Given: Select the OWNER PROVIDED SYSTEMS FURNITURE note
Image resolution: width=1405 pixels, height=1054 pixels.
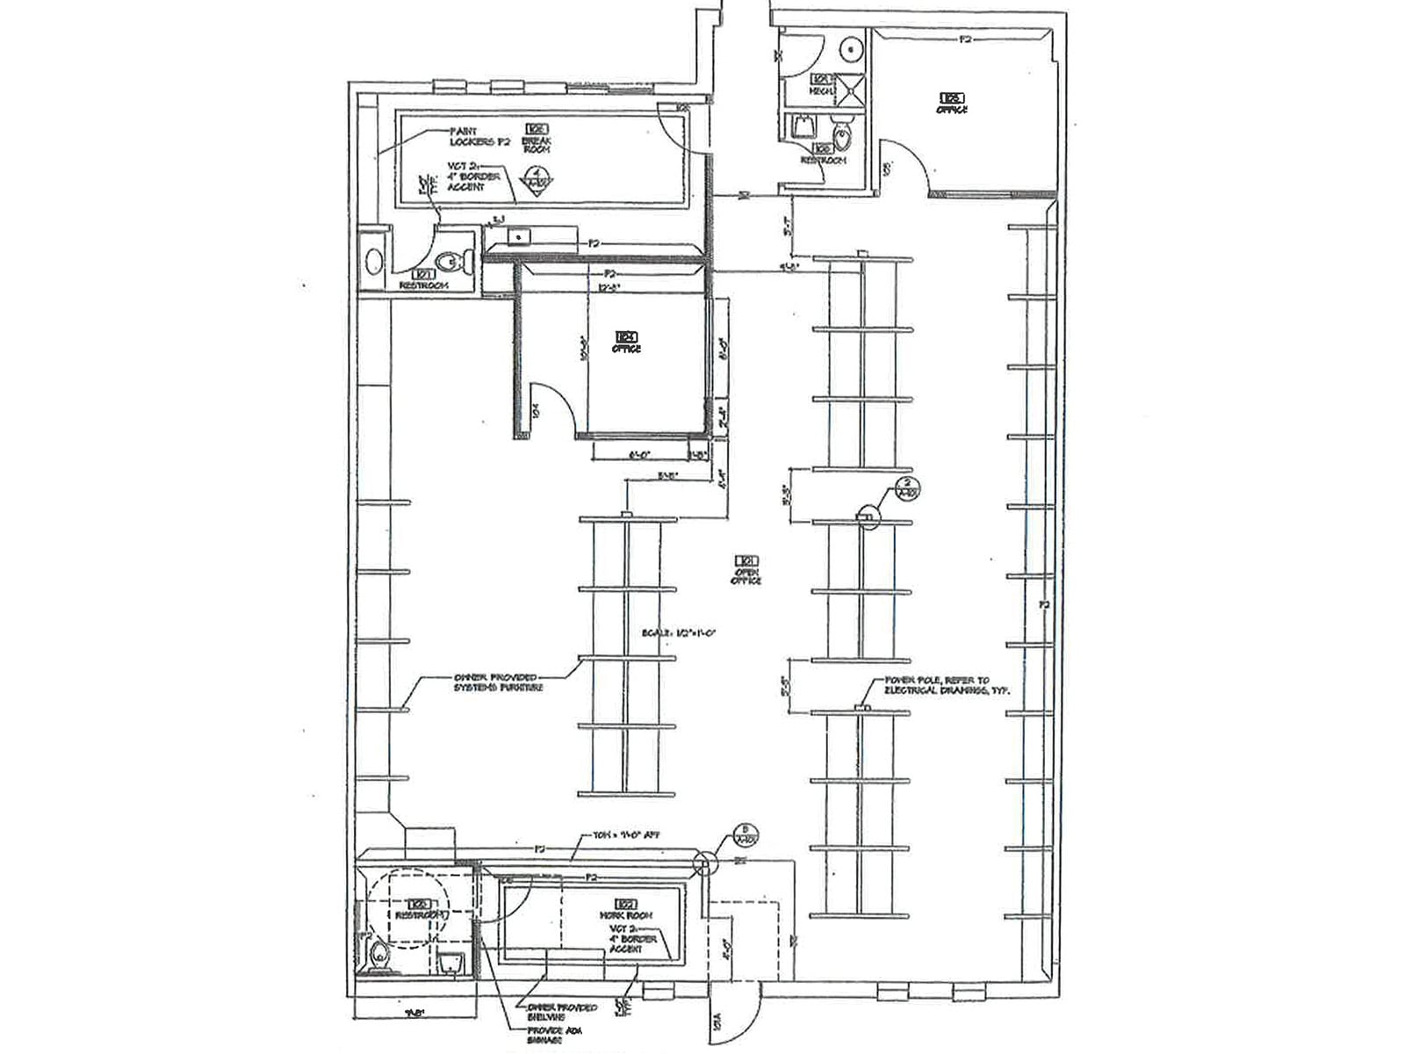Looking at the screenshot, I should tap(498, 682).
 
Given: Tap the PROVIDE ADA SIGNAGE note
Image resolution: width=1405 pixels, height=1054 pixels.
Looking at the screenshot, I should tap(551, 1036).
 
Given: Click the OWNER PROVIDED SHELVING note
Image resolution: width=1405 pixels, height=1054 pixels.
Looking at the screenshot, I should tap(562, 1012).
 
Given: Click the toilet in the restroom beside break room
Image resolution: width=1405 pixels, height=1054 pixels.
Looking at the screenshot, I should tap(450, 261).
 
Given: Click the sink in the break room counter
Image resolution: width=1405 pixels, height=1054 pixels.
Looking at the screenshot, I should tap(519, 235).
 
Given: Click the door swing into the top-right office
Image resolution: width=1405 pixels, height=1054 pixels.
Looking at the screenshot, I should tap(904, 162).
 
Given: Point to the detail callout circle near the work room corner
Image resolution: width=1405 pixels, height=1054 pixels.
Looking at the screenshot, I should tap(703, 863).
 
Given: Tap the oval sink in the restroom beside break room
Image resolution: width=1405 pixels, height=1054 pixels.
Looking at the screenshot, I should tap(374, 262).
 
